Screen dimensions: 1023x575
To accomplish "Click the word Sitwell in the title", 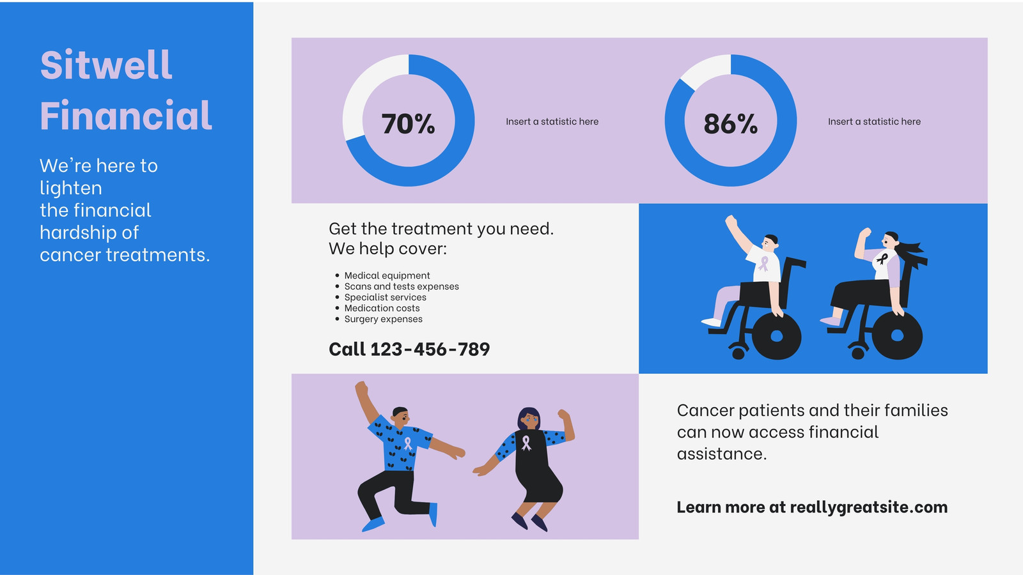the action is pyautogui.click(x=106, y=65).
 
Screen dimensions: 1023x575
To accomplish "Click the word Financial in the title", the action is pyautogui.click(x=126, y=115).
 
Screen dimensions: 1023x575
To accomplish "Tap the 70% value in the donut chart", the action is pyautogui.click(x=409, y=124).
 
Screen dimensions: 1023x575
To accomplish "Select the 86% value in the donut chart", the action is pyautogui.click(x=731, y=124).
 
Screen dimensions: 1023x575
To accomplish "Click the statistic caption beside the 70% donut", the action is pyautogui.click(x=552, y=121).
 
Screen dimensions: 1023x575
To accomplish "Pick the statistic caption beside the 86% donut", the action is pyautogui.click(x=874, y=121).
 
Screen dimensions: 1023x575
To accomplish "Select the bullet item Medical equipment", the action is pyautogui.click(x=387, y=275).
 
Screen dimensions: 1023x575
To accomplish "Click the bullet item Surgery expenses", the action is pyautogui.click(x=383, y=319).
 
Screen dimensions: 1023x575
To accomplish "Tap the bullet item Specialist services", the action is pyautogui.click(x=385, y=297).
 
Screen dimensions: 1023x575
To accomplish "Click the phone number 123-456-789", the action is pyautogui.click(x=430, y=349).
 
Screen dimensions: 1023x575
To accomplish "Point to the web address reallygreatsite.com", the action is pyautogui.click(x=869, y=507).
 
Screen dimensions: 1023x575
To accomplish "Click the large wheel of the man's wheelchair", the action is pyautogui.click(x=776, y=336).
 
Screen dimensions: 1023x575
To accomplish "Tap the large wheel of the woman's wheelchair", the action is pyautogui.click(x=897, y=336).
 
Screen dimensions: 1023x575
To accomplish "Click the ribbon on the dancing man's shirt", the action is pyautogui.click(x=408, y=443).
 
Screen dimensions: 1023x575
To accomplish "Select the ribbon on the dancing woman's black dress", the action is pyautogui.click(x=526, y=443).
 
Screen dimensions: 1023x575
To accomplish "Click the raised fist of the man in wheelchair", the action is pyautogui.click(x=731, y=222).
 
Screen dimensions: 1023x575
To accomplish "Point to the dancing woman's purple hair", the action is pyautogui.click(x=529, y=415).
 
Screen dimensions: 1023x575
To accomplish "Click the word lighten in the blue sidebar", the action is pyautogui.click(x=71, y=188).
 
